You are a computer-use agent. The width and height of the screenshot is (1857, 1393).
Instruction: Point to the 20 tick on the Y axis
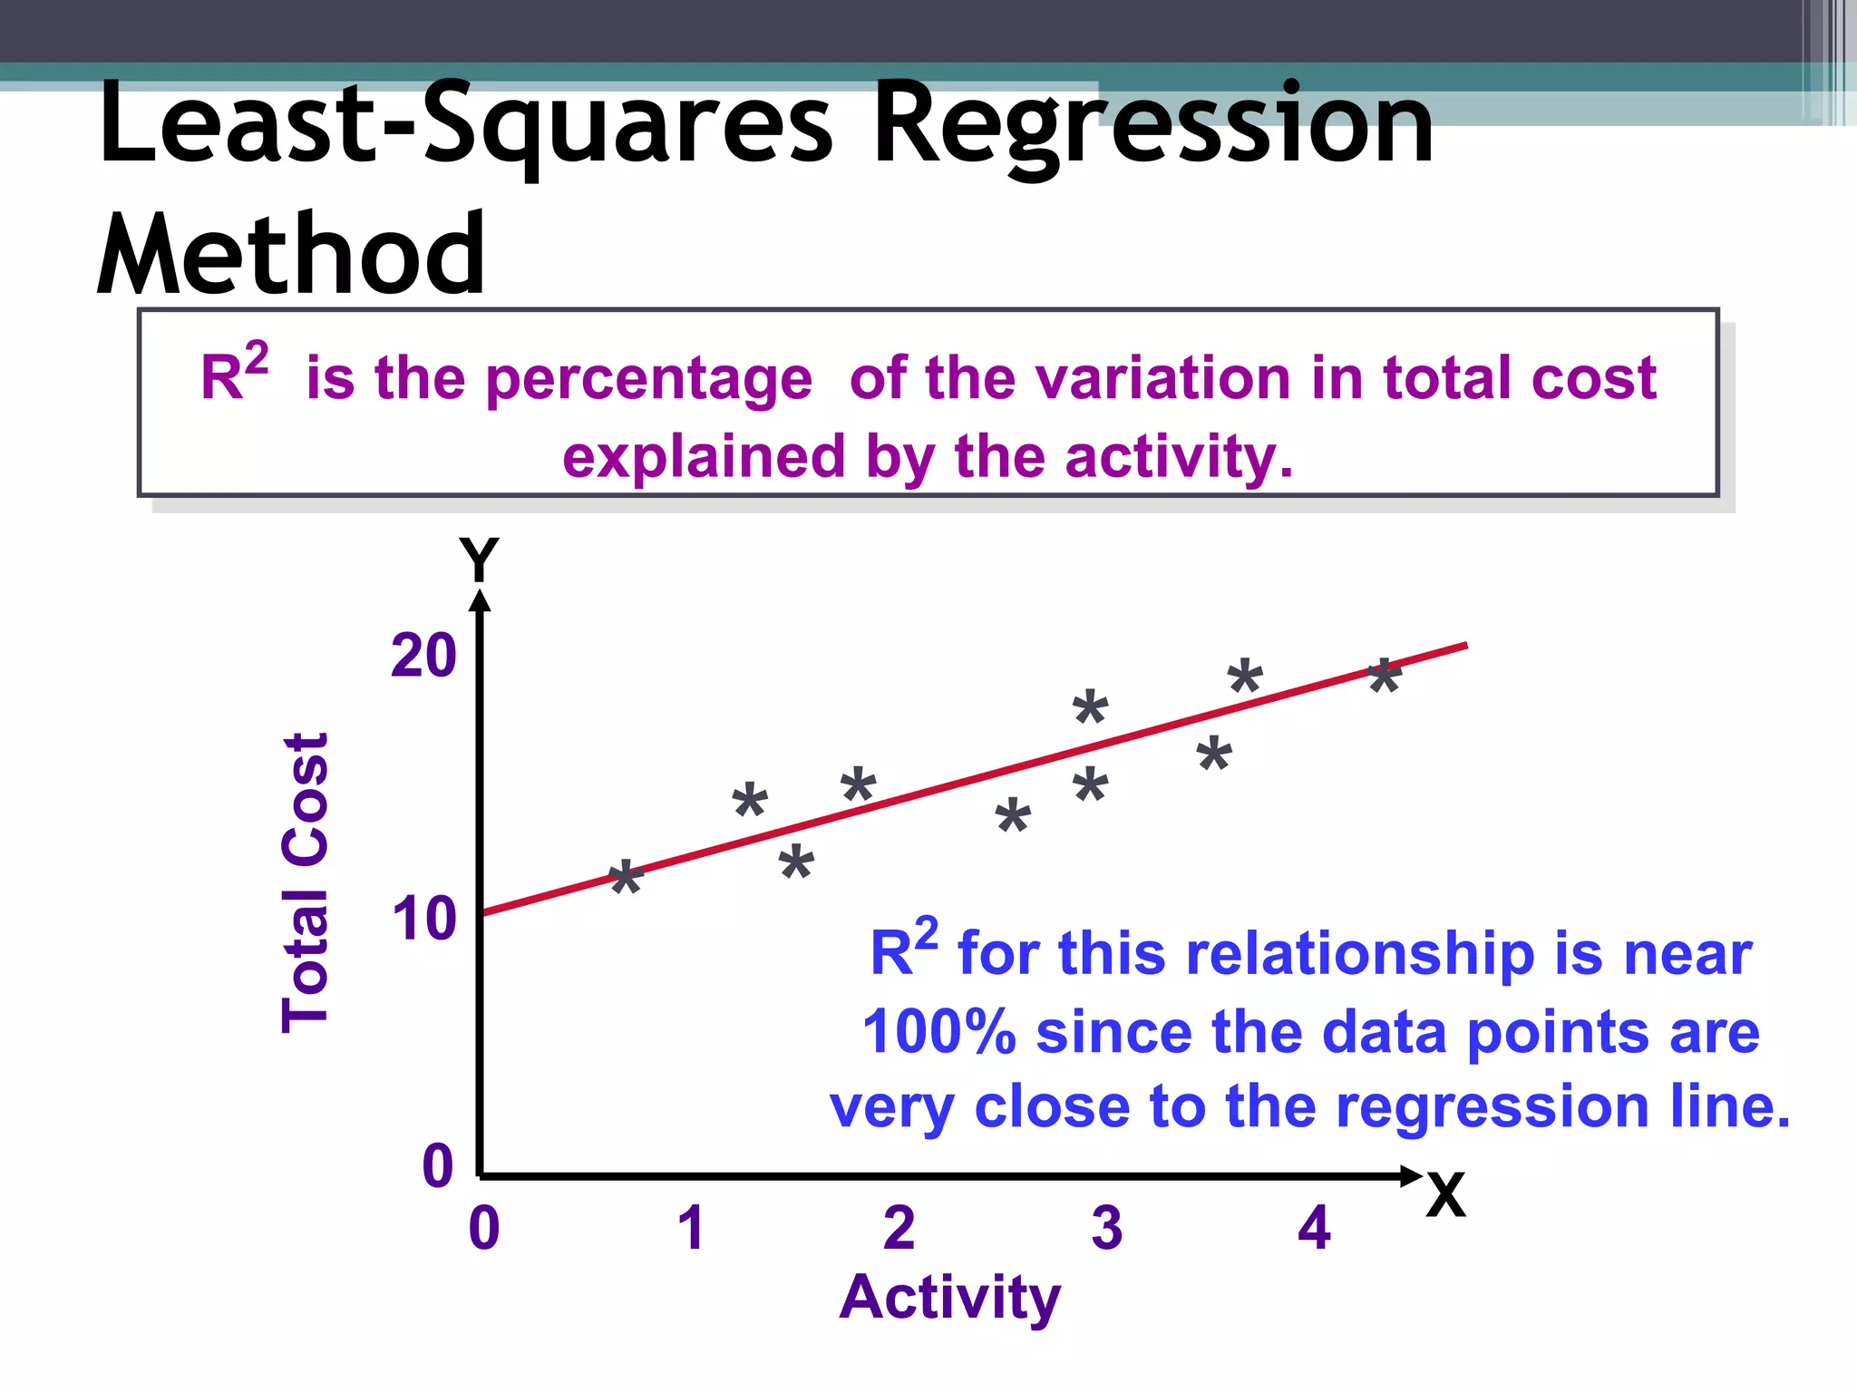coord(423,656)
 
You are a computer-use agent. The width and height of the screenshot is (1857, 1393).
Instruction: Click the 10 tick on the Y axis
coord(423,919)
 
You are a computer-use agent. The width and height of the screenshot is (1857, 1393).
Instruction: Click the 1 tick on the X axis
coord(691,1228)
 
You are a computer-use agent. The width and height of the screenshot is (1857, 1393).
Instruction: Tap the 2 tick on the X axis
coord(899,1228)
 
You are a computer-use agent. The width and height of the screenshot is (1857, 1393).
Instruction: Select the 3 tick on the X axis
coord(1106,1228)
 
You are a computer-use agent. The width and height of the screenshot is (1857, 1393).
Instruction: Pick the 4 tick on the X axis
coord(1314,1228)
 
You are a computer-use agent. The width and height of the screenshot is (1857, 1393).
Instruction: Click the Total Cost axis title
coord(305,882)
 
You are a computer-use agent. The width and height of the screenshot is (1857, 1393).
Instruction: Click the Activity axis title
coord(949,1297)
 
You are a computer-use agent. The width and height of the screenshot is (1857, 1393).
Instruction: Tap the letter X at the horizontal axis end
coord(1445,1195)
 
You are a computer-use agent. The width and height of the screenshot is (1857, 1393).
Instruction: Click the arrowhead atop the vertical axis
coord(481,600)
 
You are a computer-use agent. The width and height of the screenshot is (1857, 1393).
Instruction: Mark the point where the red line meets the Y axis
coord(481,912)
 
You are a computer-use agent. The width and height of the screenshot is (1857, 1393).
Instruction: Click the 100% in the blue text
coord(938,1032)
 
